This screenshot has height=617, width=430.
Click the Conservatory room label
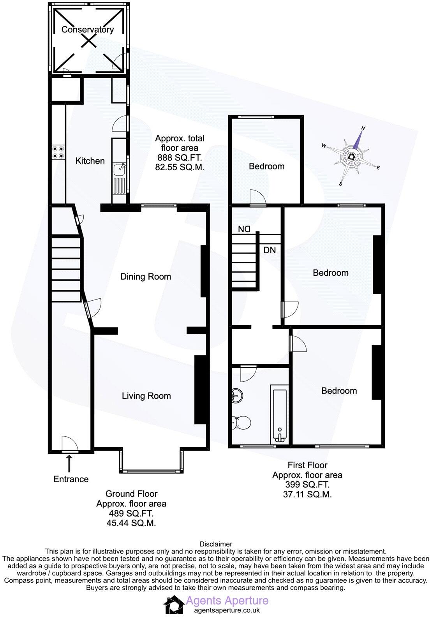[88, 30]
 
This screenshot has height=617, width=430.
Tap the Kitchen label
[90, 161]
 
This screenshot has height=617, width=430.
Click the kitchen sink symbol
[119, 169]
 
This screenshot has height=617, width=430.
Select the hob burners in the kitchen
[58, 152]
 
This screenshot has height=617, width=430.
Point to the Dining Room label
[146, 277]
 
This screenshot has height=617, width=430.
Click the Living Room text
[146, 396]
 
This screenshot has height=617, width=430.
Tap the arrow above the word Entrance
[70, 464]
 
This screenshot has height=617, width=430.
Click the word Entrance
[71, 479]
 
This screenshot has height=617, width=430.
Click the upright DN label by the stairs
[270, 250]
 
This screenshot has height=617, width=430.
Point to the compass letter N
[363, 128]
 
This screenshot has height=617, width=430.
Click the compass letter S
[341, 184]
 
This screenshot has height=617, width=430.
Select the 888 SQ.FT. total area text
[180, 158]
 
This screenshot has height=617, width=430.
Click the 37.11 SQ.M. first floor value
[307, 495]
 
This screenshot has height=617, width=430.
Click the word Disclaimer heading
[216, 544]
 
